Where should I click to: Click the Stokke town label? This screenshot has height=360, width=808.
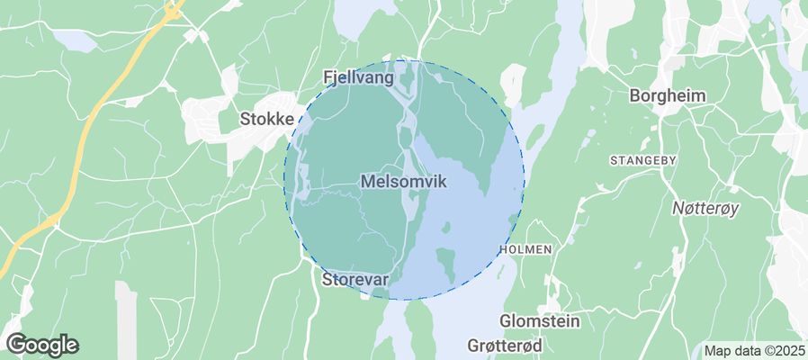click(x=266, y=118)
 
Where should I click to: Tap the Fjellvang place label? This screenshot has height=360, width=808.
click(x=358, y=78)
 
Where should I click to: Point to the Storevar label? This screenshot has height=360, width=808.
click(x=355, y=280)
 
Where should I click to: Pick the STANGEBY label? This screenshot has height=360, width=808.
click(x=642, y=160)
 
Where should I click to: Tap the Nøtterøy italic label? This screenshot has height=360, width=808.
click(x=705, y=209)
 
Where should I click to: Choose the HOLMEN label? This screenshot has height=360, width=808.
click(x=524, y=247)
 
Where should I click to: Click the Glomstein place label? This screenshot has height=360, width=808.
click(x=540, y=321)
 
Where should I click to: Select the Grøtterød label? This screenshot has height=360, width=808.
click(x=506, y=346)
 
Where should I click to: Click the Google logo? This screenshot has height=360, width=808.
click(x=42, y=344)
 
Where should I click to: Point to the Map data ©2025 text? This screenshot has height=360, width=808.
click(x=754, y=350)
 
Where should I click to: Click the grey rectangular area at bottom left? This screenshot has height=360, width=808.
click(x=126, y=319)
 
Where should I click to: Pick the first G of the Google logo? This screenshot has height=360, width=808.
click(x=16, y=344)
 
